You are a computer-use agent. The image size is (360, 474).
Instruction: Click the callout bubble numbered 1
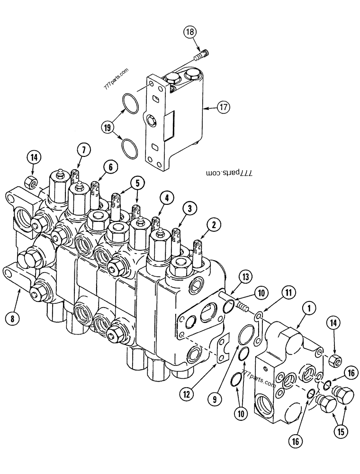[308, 310]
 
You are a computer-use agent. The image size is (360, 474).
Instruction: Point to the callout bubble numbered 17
[224, 108]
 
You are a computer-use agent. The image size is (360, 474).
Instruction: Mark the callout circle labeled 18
[189, 32]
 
